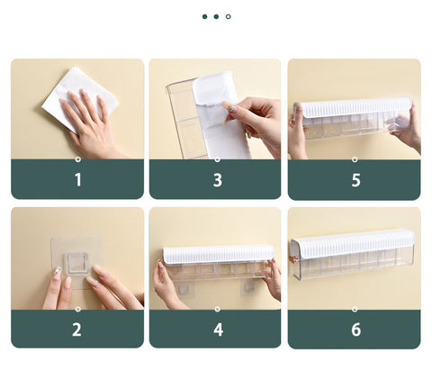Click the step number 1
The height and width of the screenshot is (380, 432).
78,180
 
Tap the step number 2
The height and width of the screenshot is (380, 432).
76,330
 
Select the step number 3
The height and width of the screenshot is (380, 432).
218,180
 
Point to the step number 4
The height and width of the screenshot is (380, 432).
218,330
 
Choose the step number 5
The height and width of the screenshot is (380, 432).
355,180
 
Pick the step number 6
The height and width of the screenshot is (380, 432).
356,330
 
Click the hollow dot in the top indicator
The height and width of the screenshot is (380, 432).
229,17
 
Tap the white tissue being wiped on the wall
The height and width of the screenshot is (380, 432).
80,97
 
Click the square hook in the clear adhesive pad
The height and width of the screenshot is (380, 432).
77,263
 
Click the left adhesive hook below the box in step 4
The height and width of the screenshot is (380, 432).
184,289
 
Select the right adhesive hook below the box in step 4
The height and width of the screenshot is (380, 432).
248,287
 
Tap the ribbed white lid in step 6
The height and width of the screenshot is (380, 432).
355,242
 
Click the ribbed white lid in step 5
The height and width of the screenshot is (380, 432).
356,107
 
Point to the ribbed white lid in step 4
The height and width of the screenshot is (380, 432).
219,254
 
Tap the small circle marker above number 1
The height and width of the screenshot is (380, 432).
78,159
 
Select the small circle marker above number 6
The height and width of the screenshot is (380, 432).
355,309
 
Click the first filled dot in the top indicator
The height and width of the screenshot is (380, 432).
205,17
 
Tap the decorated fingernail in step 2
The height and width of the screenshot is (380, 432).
57,271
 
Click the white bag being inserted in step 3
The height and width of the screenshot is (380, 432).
220,115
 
